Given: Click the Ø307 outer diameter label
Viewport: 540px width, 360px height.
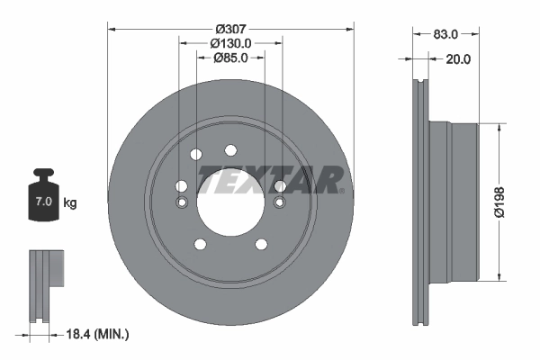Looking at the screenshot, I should tap(230, 15).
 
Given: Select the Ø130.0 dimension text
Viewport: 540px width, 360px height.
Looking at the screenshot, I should tap(230, 42).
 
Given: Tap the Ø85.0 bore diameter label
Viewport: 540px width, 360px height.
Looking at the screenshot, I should tap(230, 58).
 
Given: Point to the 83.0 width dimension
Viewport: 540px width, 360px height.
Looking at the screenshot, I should tap(446, 33).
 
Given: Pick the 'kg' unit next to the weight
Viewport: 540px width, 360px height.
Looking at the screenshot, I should tap(70, 203).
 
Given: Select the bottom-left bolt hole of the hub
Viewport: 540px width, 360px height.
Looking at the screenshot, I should tap(199, 244).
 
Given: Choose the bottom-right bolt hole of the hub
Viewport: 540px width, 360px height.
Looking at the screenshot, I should tap(261, 244).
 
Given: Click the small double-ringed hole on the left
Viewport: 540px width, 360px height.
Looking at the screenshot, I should tap(182, 202).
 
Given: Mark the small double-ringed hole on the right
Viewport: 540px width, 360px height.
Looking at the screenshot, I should tap(279, 202).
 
